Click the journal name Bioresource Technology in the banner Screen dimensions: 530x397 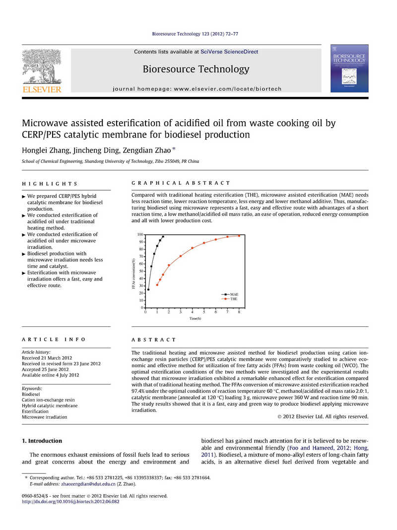196,69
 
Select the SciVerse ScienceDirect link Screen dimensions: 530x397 229,52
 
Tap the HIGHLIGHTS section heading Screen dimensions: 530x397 50,183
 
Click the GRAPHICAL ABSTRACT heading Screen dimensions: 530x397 181,183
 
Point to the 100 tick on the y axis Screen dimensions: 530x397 140,234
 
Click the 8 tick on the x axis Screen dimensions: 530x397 239,312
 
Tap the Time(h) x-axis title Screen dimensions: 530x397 195,318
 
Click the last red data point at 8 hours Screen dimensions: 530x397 239,235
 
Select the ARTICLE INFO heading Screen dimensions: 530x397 54,339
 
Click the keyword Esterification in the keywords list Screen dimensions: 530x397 35,411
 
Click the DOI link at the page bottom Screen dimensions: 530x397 70,502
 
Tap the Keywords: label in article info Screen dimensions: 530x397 32,388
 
